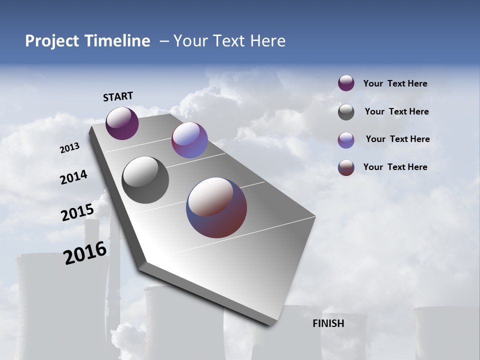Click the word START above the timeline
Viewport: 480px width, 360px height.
coord(118,96)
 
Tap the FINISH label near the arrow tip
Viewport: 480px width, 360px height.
coord(328,323)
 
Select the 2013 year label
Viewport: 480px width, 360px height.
coord(70,148)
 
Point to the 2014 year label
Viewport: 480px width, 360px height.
coord(73,177)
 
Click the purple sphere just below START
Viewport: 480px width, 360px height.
coord(122,123)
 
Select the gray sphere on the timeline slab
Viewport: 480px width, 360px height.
coord(145,180)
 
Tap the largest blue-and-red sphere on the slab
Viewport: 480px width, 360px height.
coord(216,207)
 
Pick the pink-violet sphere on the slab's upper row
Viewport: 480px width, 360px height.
coord(189,140)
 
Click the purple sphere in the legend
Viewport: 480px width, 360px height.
coord(346,83)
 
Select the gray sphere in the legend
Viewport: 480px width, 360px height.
coord(346,112)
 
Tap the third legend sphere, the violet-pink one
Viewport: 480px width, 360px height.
coord(346,140)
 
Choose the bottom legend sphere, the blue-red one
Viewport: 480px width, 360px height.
coord(346,167)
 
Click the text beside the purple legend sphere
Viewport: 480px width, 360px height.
coord(395,84)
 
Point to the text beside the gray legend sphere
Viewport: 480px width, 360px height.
coord(396,111)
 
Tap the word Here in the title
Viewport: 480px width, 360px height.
coord(267,41)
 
